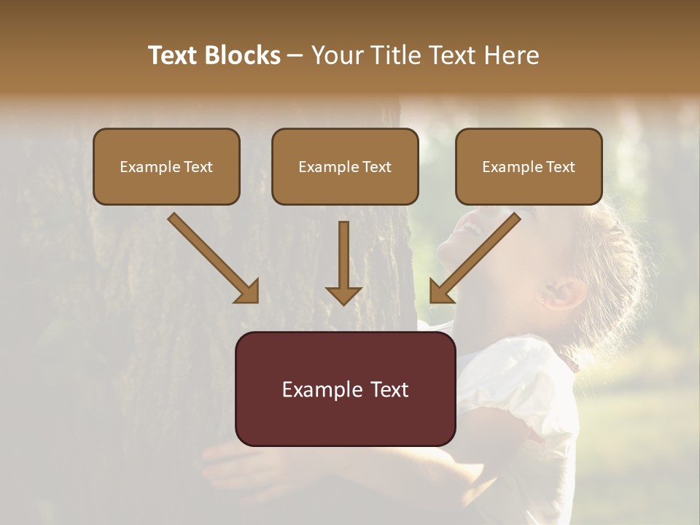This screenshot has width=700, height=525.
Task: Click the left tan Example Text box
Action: pyautogui.click(x=166, y=166)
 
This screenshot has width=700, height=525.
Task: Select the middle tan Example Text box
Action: pyautogui.click(x=345, y=166)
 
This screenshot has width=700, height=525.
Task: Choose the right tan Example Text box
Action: pyautogui.click(x=529, y=166)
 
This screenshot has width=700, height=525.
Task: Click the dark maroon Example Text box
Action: pyautogui.click(x=345, y=389)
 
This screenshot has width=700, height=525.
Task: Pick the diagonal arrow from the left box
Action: pyautogui.click(x=213, y=257)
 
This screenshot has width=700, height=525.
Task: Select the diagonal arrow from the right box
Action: pyautogui.click(x=475, y=257)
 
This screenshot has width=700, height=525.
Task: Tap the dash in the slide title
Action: pyautogui.click(x=295, y=56)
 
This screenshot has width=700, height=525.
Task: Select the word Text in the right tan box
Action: pyautogui.click(x=560, y=167)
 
